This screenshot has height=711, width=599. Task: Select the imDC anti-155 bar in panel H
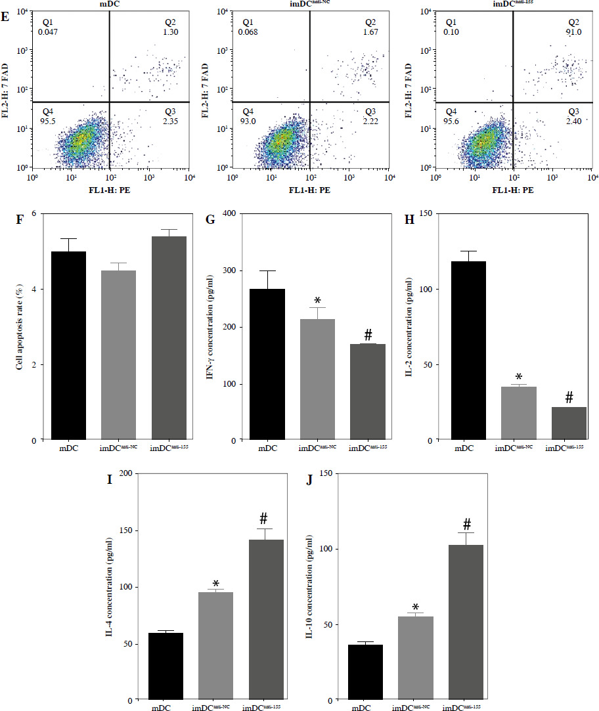pyautogui.click(x=569, y=423)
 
